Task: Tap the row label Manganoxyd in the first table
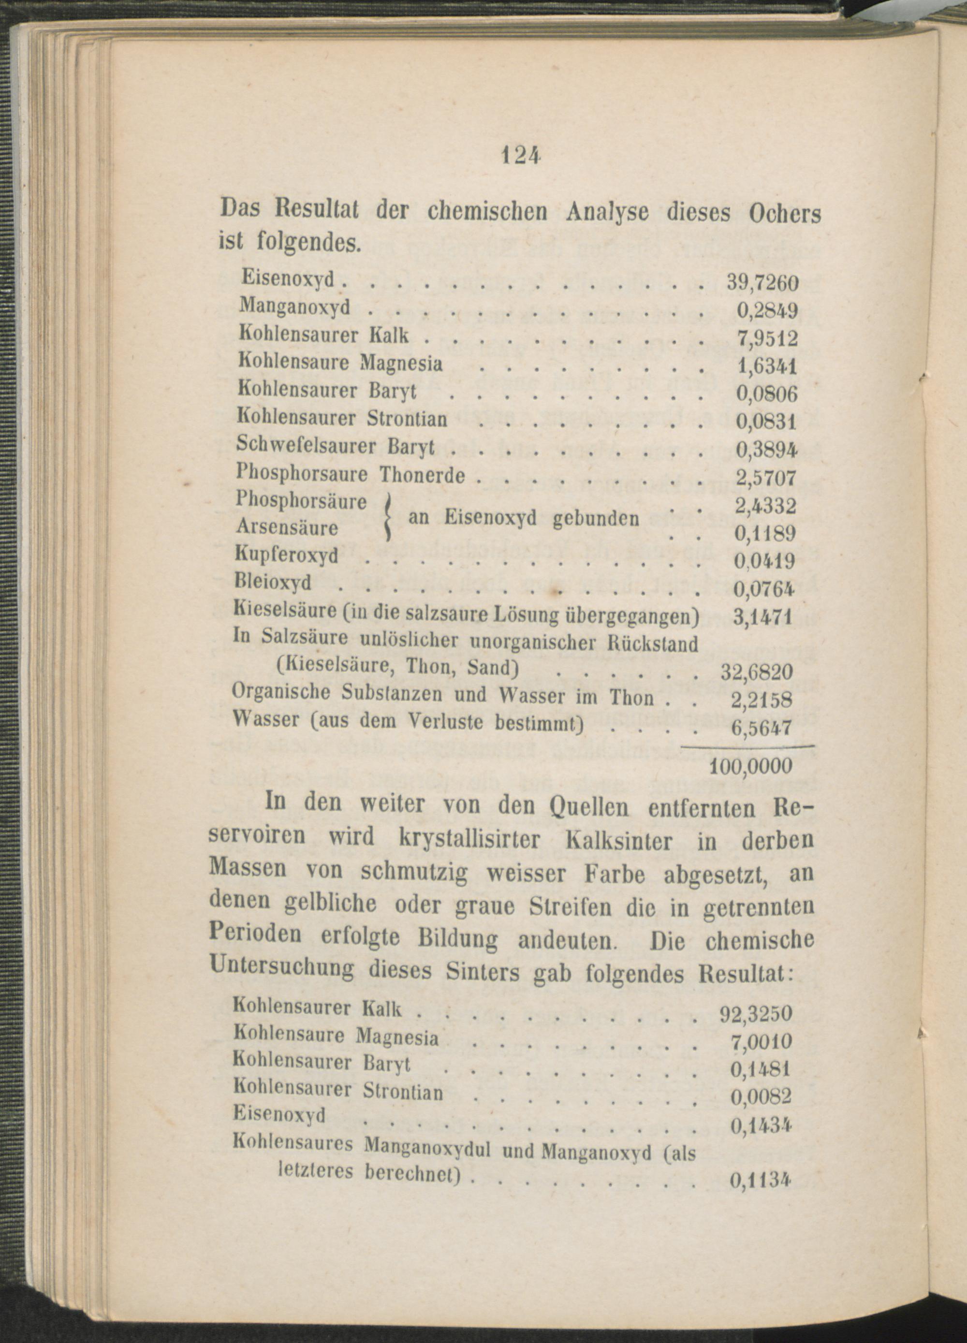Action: coord(294,306)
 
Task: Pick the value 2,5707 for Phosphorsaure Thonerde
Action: coord(765,478)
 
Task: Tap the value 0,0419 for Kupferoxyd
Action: coord(764,560)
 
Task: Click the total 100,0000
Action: coord(750,766)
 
